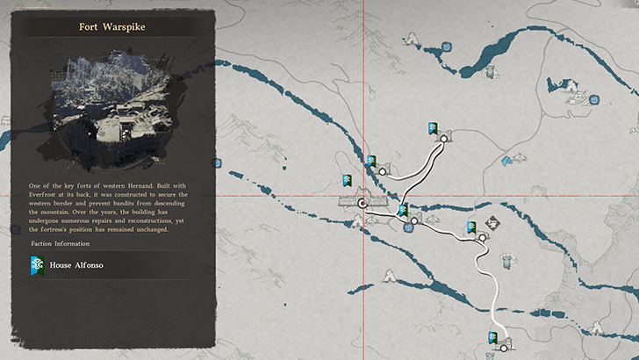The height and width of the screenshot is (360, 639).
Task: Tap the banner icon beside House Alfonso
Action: [x=38, y=264]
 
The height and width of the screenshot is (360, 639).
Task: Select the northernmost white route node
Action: [x=443, y=139]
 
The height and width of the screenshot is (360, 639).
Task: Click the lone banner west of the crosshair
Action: [x=348, y=180]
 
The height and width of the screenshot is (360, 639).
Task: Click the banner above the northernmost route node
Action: [x=432, y=129]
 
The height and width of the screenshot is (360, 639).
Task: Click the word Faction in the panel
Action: [x=43, y=243]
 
